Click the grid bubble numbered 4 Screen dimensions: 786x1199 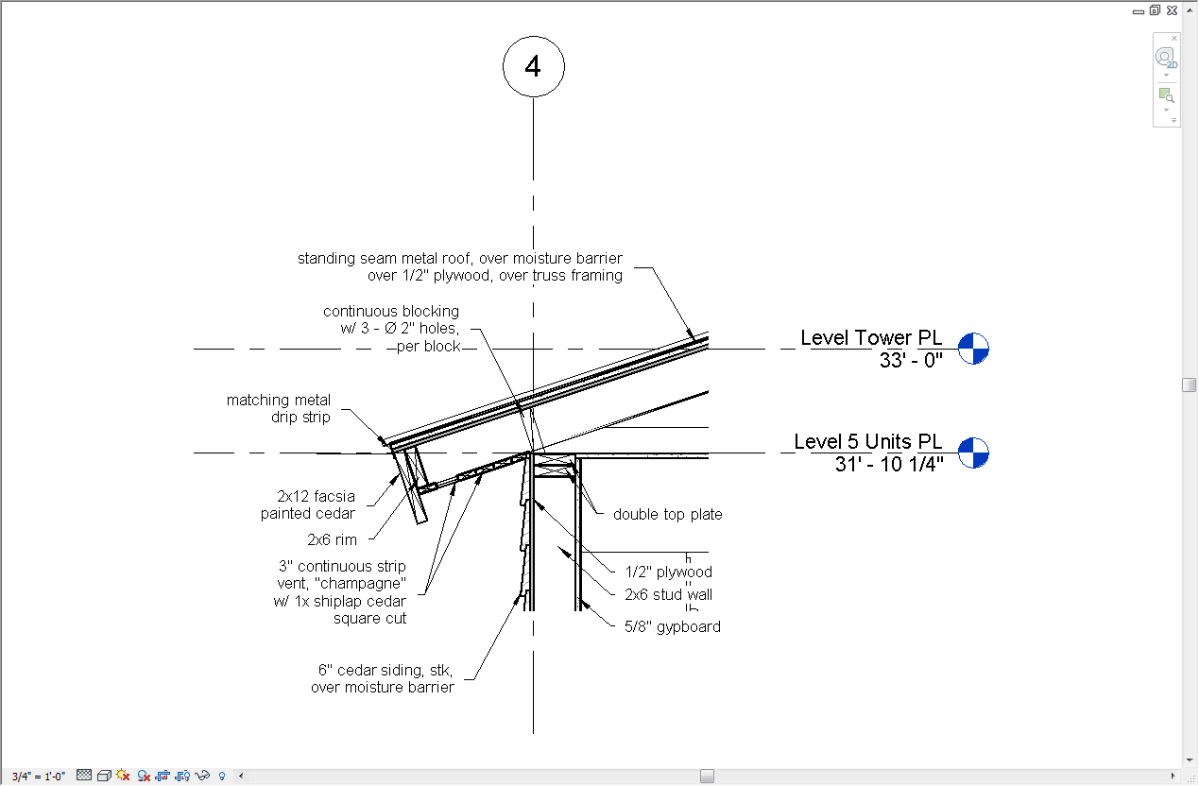click(534, 67)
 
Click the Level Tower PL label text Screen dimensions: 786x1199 click(870, 338)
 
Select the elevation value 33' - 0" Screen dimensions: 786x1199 click(911, 360)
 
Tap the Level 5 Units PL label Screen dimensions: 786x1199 click(867, 442)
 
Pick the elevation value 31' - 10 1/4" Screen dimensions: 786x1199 click(889, 464)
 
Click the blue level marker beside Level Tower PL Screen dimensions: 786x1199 click(972, 349)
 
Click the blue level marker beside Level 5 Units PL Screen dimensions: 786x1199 click(972, 453)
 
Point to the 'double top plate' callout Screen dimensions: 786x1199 click(667, 515)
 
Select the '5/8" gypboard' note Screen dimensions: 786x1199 click(673, 626)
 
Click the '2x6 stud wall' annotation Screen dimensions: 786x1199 click(668, 594)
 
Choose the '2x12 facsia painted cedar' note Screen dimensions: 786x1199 click(308, 504)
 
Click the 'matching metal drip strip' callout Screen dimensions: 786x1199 click(279, 408)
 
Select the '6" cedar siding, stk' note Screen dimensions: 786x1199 click(383, 678)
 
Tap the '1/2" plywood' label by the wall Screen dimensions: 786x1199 click(668, 572)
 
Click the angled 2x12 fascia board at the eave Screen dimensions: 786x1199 click(414, 487)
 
